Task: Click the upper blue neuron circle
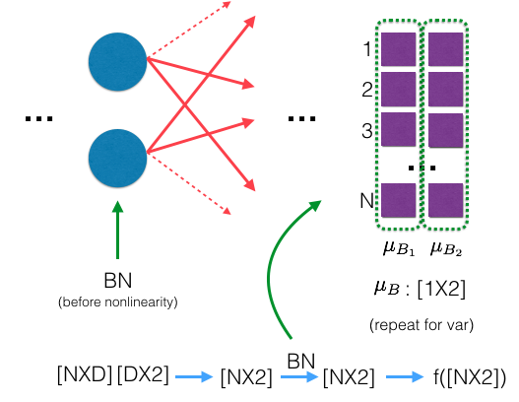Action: pyautogui.click(x=117, y=62)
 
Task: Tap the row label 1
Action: pyautogui.click(x=366, y=47)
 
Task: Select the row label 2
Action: pyautogui.click(x=366, y=89)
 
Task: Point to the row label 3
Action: pyautogui.click(x=366, y=128)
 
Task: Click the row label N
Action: pyautogui.click(x=366, y=200)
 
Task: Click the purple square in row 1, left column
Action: pyautogui.click(x=398, y=49)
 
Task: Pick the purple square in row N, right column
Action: pyautogui.click(x=445, y=199)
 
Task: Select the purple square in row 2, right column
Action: pyautogui.click(x=445, y=89)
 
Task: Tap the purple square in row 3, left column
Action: pyautogui.click(x=398, y=128)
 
